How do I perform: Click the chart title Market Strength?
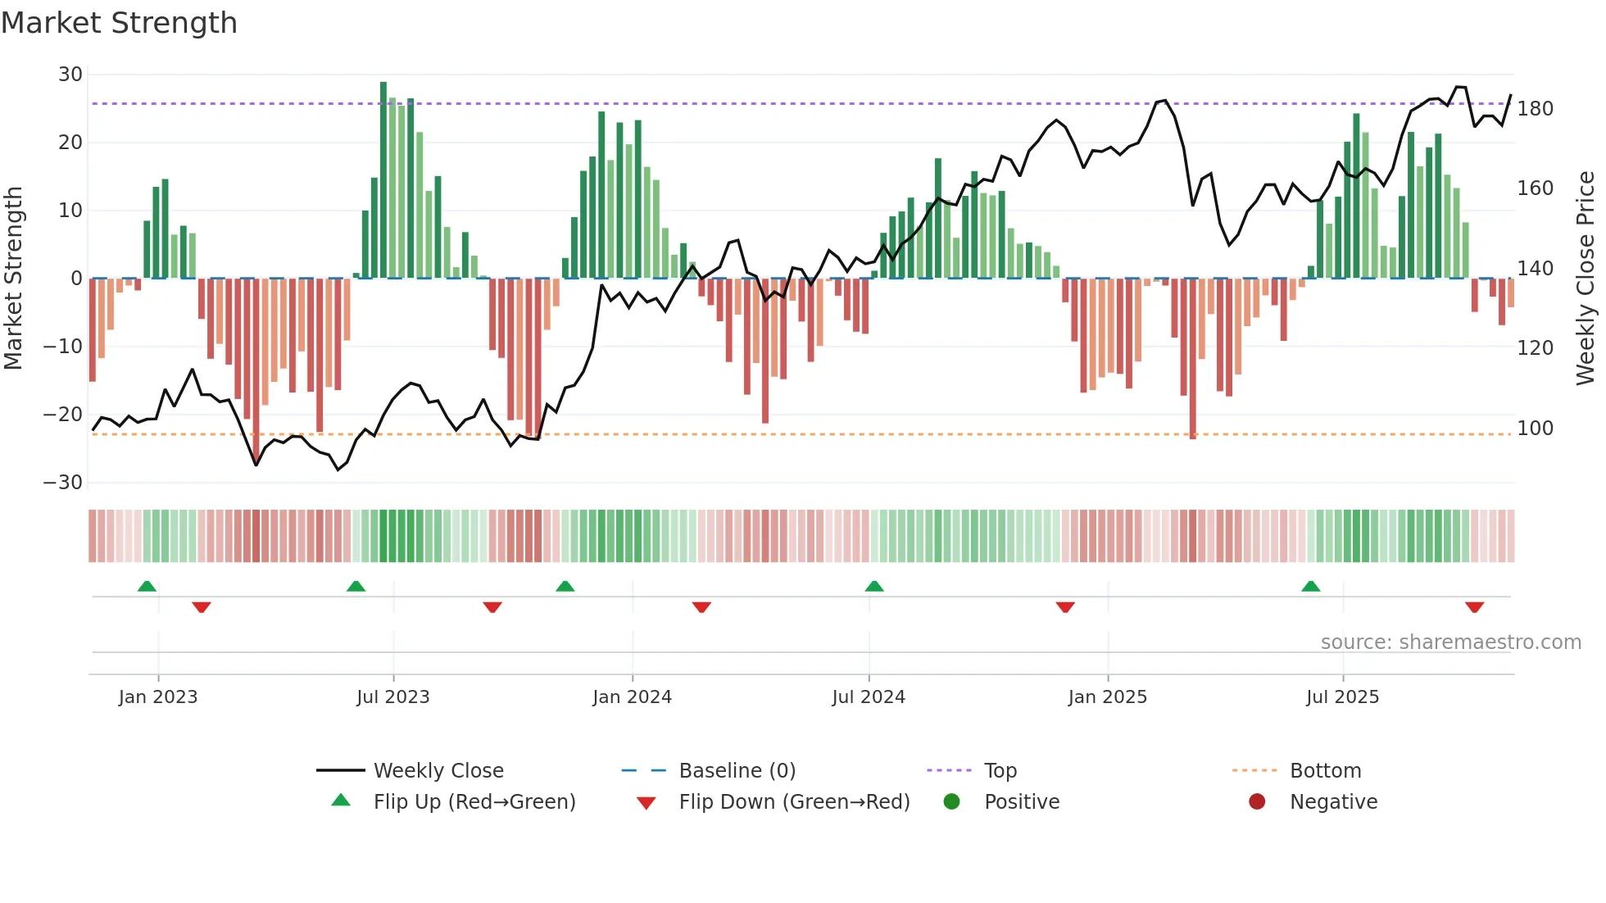(119, 23)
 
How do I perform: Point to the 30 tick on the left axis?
(70, 75)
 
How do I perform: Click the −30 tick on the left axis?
(63, 483)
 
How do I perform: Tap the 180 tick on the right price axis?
(1535, 109)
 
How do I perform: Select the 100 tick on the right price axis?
(1535, 429)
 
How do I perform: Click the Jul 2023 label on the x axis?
(392, 697)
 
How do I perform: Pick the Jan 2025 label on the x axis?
(1107, 697)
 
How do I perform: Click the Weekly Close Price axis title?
(1586, 279)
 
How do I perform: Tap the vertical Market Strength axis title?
(14, 279)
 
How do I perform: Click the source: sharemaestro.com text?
(1450, 642)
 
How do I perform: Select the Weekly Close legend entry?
(438, 771)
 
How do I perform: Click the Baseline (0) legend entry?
(737, 771)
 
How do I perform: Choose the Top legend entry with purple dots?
(1000, 771)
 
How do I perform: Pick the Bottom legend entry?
(1325, 771)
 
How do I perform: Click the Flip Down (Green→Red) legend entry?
(793, 802)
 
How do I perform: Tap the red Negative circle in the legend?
(1256, 802)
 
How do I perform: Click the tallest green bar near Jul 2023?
(383, 180)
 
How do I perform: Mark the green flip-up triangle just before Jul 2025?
(1310, 587)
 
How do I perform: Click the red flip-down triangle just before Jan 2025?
(1065, 607)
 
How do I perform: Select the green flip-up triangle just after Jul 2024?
(874, 587)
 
